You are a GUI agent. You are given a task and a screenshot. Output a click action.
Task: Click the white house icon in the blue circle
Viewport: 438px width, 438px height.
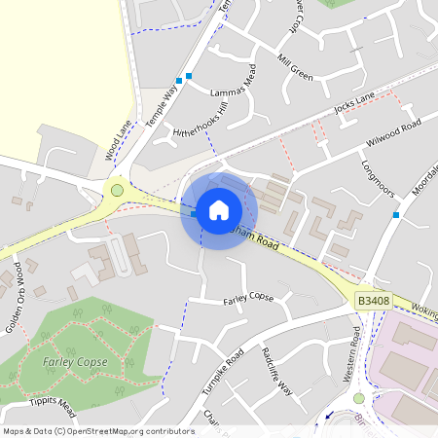[x=219, y=210]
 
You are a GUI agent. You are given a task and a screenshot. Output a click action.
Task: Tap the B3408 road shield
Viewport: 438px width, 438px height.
[x=373, y=302]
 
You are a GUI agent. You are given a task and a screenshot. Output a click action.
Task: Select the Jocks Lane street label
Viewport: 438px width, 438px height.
[x=353, y=103]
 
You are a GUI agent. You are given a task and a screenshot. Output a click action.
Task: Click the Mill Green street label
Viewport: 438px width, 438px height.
[x=295, y=68]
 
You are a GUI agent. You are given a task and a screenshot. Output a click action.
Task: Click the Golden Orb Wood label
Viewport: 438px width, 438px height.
[x=15, y=282]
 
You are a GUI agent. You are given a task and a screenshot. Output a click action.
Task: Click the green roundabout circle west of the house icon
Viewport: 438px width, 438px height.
[x=118, y=191]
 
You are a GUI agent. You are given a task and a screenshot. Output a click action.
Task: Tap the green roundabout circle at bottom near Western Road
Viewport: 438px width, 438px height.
[x=358, y=398]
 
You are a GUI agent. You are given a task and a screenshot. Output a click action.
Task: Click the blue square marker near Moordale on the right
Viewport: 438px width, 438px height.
[x=396, y=214]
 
